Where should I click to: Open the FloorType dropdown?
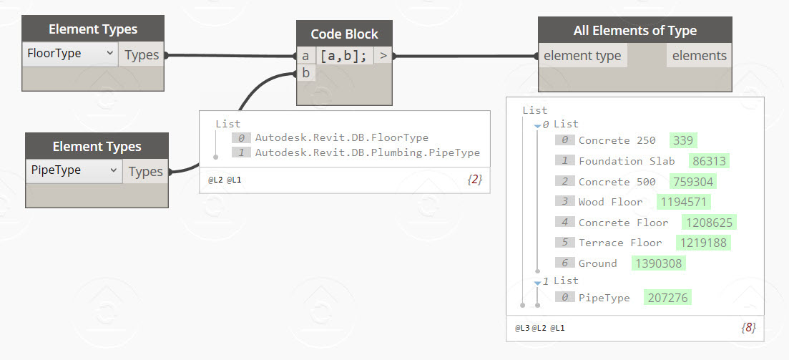(x=70, y=54)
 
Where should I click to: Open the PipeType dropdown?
(x=74, y=170)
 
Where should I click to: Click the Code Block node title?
(x=344, y=34)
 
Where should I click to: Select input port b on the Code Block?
(x=306, y=74)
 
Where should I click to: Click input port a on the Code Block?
(x=305, y=56)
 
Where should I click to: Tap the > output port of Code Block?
(x=383, y=55)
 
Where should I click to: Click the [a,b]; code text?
(x=344, y=56)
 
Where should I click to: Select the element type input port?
(x=583, y=56)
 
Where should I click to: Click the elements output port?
(x=699, y=56)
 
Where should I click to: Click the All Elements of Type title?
(x=635, y=31)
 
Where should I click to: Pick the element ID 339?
(x=683, y=140)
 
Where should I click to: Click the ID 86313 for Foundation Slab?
(x=709, y=161)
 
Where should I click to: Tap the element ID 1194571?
(x=684, y=203)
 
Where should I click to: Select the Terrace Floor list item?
(x=620, y=243)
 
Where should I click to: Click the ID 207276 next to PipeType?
(x=667, y=298)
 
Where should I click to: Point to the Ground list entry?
(x=598, y=263)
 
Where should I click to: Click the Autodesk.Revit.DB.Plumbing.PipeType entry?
(x=368, y=152)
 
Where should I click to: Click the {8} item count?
(x=748, y=328)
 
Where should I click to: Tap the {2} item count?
(x=474, y=180)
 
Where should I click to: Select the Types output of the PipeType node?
(x=145, y=171)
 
